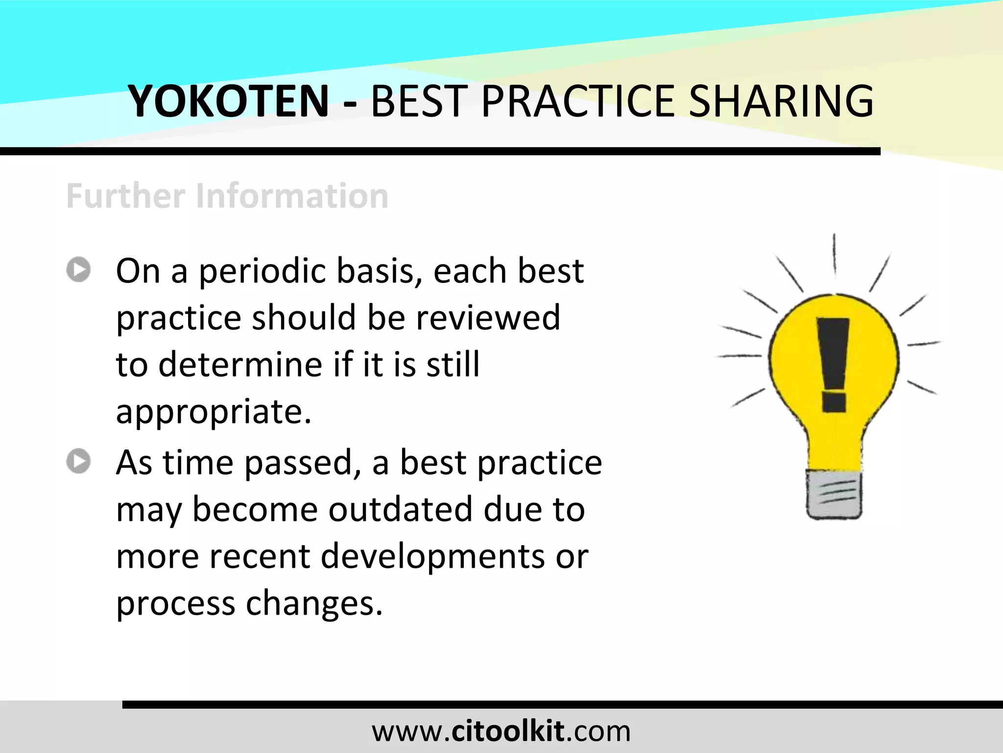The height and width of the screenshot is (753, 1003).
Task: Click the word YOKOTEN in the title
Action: [x=228, y=101]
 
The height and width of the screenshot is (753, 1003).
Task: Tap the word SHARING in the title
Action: [x=781, y=101]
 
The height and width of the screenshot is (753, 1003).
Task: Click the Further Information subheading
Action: [x=227, y=196]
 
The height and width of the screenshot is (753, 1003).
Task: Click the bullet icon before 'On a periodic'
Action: [x=78, y=270]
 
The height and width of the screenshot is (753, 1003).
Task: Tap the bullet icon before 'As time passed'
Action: [x=78, y=461]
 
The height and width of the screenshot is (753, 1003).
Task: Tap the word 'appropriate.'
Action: [x=214, y=412]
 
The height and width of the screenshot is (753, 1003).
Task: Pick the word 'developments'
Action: [x=432, y=557]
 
